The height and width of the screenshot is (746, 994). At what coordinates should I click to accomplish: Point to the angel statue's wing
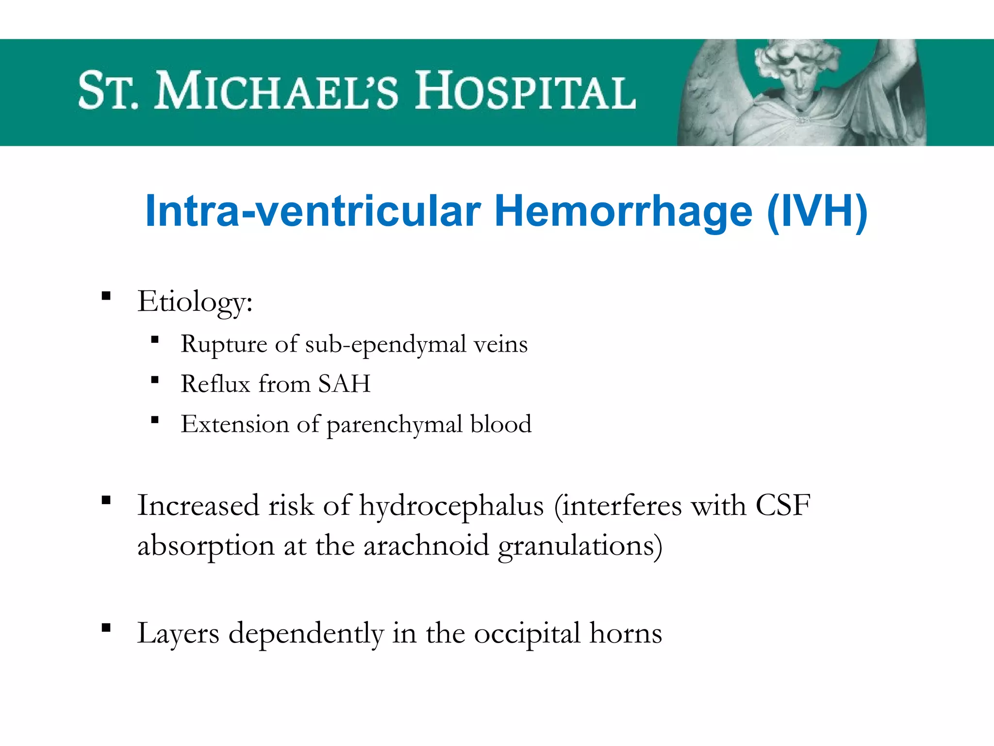tap(709, 97)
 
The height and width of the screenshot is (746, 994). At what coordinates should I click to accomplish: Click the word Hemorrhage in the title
tap(623, 212)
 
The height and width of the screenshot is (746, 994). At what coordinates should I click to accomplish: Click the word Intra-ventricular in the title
tap(313, 212)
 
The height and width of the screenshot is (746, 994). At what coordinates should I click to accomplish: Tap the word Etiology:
tap(195, 302)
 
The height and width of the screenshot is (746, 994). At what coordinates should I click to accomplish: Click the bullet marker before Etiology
tap(106, 296)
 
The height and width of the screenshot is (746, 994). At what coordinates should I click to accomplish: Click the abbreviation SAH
tap(344, 384)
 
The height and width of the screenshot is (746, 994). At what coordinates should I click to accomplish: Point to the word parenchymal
tap(394, 424)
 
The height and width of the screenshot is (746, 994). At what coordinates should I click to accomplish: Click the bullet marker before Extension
tap(155, 420)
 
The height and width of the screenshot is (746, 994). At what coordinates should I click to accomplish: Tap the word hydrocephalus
tap(451, 506)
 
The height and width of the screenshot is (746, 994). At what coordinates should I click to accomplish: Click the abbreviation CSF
tap(782, 505)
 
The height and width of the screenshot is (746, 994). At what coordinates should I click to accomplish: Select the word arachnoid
tap(426, 545)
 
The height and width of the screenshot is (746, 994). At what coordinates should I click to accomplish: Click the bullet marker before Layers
tap(106, 628)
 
